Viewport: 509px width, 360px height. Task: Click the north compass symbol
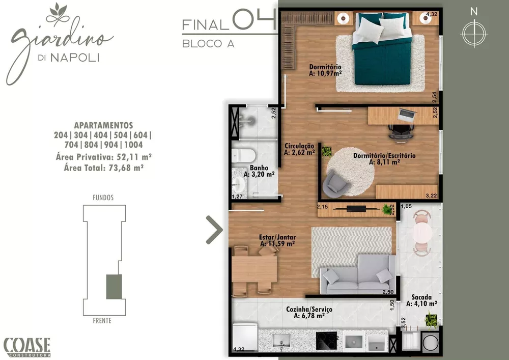(x=474, y=32)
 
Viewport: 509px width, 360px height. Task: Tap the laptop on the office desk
(x=407, y=115)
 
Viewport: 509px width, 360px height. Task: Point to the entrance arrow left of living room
(x=214, y=230)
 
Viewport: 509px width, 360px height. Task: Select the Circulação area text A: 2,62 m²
(x=299, y=152)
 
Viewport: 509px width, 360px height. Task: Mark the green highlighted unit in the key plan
(x=114, y=286)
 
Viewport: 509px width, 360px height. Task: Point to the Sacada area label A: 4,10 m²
(x=421, y=304)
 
